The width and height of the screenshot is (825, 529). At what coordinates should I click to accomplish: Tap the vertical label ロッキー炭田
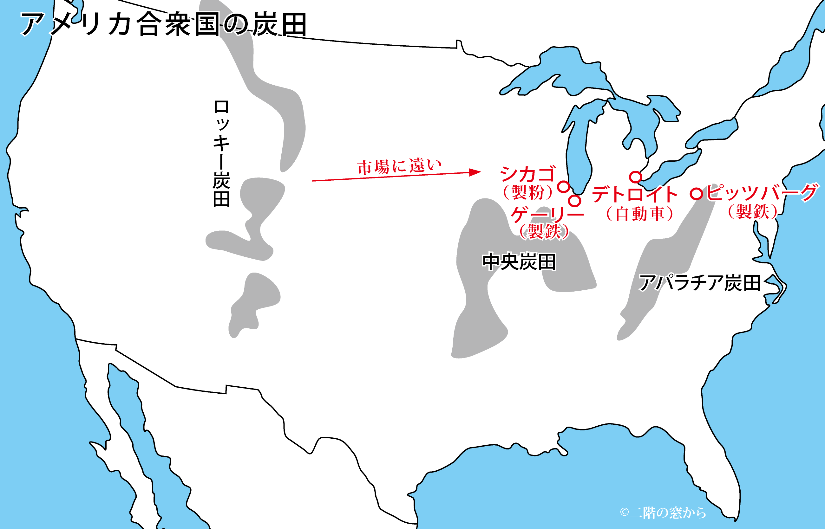point(221,153)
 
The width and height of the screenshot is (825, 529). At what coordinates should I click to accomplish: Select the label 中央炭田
point(519,262)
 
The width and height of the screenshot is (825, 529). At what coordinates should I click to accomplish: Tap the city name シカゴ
point(528,174)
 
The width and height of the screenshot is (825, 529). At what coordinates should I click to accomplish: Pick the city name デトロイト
point(635,194)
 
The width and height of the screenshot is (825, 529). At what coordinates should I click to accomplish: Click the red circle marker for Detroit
point(636,177)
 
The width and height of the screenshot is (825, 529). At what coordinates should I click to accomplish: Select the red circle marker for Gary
point(574,201)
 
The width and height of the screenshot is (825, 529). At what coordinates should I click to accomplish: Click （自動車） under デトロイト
point(639,214)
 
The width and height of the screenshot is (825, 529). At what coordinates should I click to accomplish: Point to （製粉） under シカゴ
point(528,192)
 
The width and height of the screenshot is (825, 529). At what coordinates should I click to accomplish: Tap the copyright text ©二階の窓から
point(663,513)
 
